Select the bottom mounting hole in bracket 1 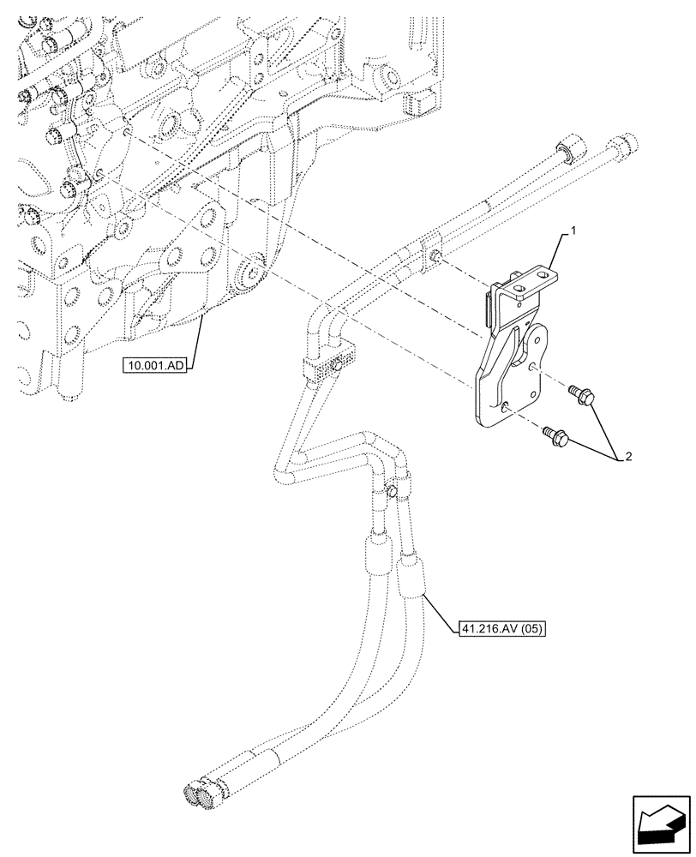504,409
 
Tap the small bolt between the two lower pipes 390,490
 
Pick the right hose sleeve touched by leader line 411,576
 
